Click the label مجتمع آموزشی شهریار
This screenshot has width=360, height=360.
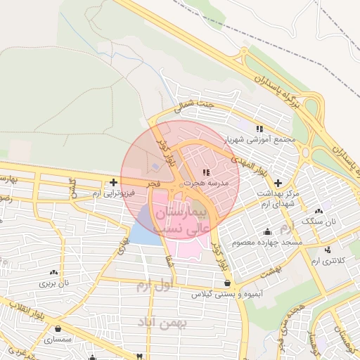pyautogui.click(x=266, y=139)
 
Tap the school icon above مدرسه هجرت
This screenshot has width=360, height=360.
pyautogui.click(x=205, y=172)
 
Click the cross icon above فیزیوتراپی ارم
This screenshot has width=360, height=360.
pyautogui.click(x=114, y=182)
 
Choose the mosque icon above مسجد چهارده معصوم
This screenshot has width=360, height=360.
pyautogui.click(x=267, y=232)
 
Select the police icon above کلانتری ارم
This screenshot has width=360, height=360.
pyautogui.click(x=328, y=250)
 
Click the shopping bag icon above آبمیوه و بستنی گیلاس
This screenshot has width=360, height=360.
pyautogui.click(x=226, y=284)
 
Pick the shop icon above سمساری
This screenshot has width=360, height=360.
pyautogui.click(x=58, y=328)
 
